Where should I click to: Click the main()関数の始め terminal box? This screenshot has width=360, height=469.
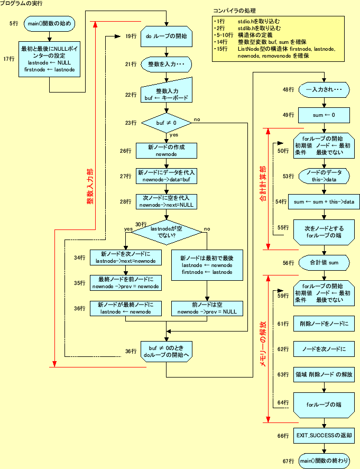[50, 24]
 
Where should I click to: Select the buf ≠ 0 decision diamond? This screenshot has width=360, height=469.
[166, 123]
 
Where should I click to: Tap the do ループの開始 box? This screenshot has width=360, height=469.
[166, 36]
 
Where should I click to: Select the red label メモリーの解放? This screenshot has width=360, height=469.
[263, 346]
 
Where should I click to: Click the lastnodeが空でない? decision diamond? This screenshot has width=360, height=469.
[166, 232]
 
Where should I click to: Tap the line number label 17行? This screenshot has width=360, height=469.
[9, 59]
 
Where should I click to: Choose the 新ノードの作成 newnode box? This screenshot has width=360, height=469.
[165, 151]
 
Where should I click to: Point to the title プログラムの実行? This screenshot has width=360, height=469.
[23, 4]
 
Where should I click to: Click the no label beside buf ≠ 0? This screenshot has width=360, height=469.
[197, 119]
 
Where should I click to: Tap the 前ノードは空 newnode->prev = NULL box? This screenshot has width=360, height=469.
[207, 308]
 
